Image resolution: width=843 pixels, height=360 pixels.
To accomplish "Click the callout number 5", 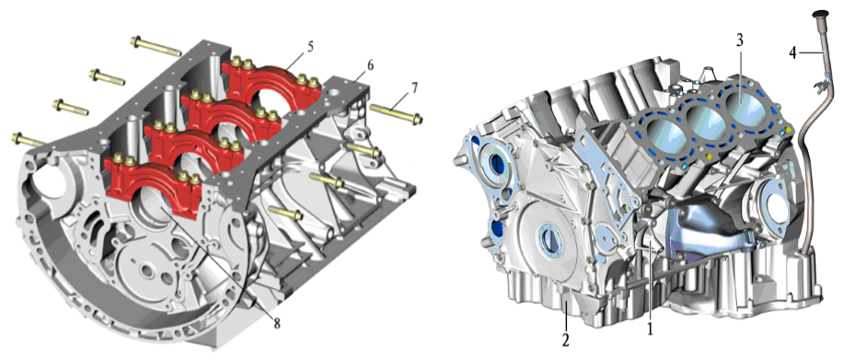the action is (311, 46).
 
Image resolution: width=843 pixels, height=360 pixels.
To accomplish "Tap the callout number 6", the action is (370, 65).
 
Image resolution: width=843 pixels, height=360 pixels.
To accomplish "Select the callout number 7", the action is (414, 88).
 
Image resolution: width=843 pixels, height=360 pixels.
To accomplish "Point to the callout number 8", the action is (277, 324).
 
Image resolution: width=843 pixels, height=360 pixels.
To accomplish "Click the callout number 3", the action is (740, 41).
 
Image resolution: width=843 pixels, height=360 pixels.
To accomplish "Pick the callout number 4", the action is (793, 52).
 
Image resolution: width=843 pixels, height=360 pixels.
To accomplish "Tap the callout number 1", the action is (651, 328).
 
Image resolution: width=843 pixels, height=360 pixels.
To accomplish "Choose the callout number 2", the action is (567, 340).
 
